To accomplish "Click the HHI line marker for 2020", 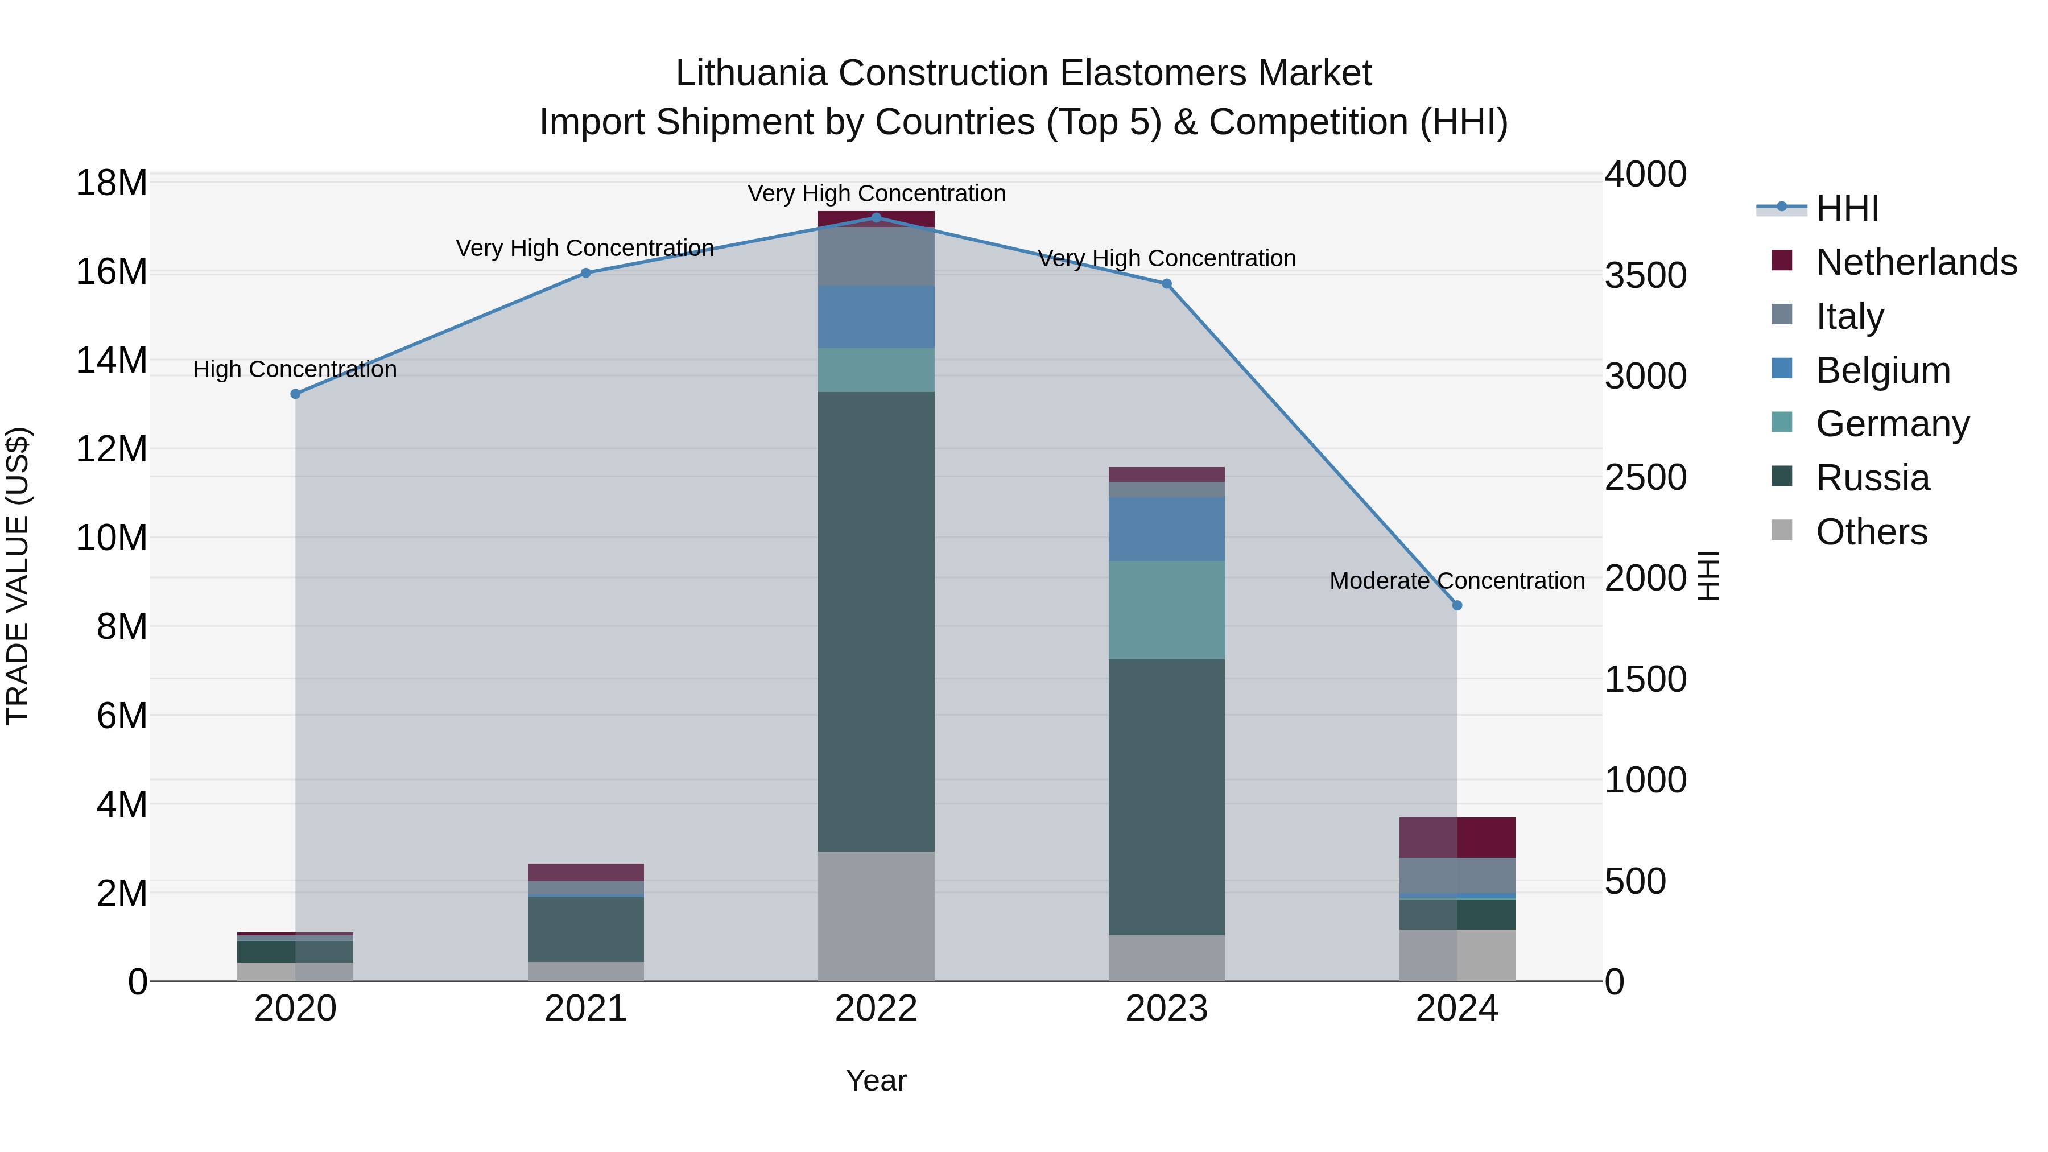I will coord(296,394).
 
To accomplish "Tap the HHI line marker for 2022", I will coord(876,217).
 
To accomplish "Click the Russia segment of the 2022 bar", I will coord(876,620).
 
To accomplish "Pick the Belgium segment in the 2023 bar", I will coord(1166,528).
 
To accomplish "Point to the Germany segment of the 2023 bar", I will coord(1166,610).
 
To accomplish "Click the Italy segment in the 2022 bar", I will coord(876,257).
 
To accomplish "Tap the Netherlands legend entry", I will coord(1916,262).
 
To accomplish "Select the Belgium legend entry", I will coord(1882,370).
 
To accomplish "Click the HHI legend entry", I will coord(1847,208).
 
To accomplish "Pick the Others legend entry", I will coord(1872,531).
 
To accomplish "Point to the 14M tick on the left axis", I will coord(112,360).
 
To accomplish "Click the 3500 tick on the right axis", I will coord(1645,275).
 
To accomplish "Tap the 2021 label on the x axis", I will coord(585,1009).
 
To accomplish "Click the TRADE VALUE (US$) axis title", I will coord(18,576).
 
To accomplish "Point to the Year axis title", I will coord(876,1080).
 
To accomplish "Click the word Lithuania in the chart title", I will coord(752,73).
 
